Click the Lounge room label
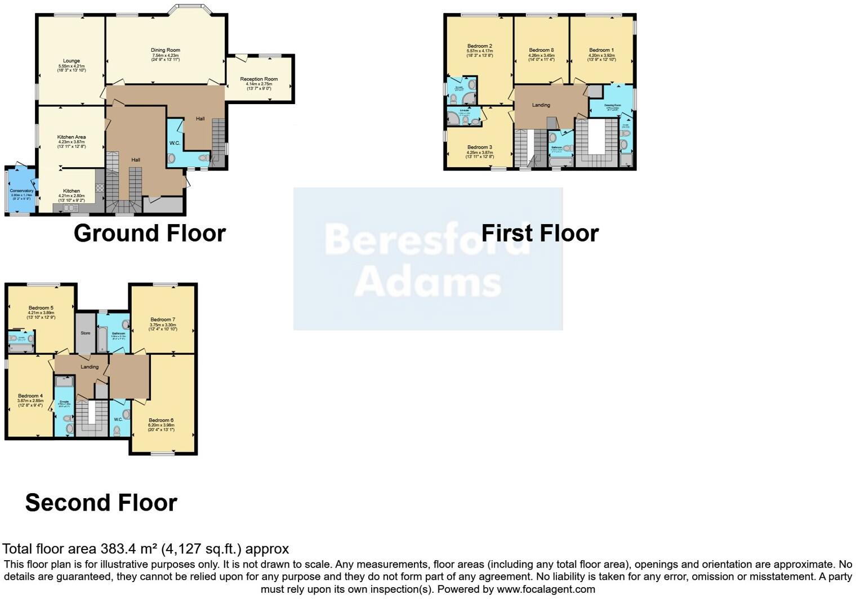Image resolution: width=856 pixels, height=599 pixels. click(72, 61)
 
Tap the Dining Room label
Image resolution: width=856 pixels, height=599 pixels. click(166, 50)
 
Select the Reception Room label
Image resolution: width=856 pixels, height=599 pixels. click(259, 79)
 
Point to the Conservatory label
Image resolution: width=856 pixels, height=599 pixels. click(22, 191)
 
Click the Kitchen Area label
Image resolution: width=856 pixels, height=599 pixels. click(72, 137)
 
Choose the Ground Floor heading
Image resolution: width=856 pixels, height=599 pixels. click(150, 233)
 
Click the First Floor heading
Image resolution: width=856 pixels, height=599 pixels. click(540, 233)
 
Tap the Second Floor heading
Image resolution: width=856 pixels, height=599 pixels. click(101, 503)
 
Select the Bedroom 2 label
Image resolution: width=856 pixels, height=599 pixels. click(480, 46)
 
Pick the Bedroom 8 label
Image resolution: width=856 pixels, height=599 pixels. click(541, 50)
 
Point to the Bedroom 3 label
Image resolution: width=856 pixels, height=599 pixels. click(480, 147)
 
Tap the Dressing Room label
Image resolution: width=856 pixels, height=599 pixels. click(613, 105)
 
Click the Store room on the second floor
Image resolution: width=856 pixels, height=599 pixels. click(86, 333)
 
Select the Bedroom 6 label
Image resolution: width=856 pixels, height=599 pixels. click(161, 420)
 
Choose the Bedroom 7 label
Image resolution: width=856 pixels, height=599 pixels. click(163, 320)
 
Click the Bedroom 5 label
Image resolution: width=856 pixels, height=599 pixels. click(41, 308)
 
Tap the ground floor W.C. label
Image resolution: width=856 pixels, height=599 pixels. click(175, 143)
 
